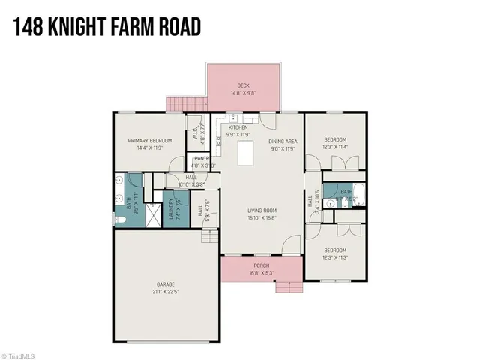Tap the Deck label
pos(242,86)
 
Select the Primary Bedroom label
pos(149,140)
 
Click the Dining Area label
pos(283,140)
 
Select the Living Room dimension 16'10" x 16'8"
pos(262,218)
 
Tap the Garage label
pos(166,284)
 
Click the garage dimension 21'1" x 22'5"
pos(166,291)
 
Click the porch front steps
pos(286,286)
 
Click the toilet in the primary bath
pos(120,219)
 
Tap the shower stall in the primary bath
pos(151,217)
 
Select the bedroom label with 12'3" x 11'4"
pos(335,140)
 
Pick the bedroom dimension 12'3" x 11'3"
pos(335,256)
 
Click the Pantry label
pos(200,158)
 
